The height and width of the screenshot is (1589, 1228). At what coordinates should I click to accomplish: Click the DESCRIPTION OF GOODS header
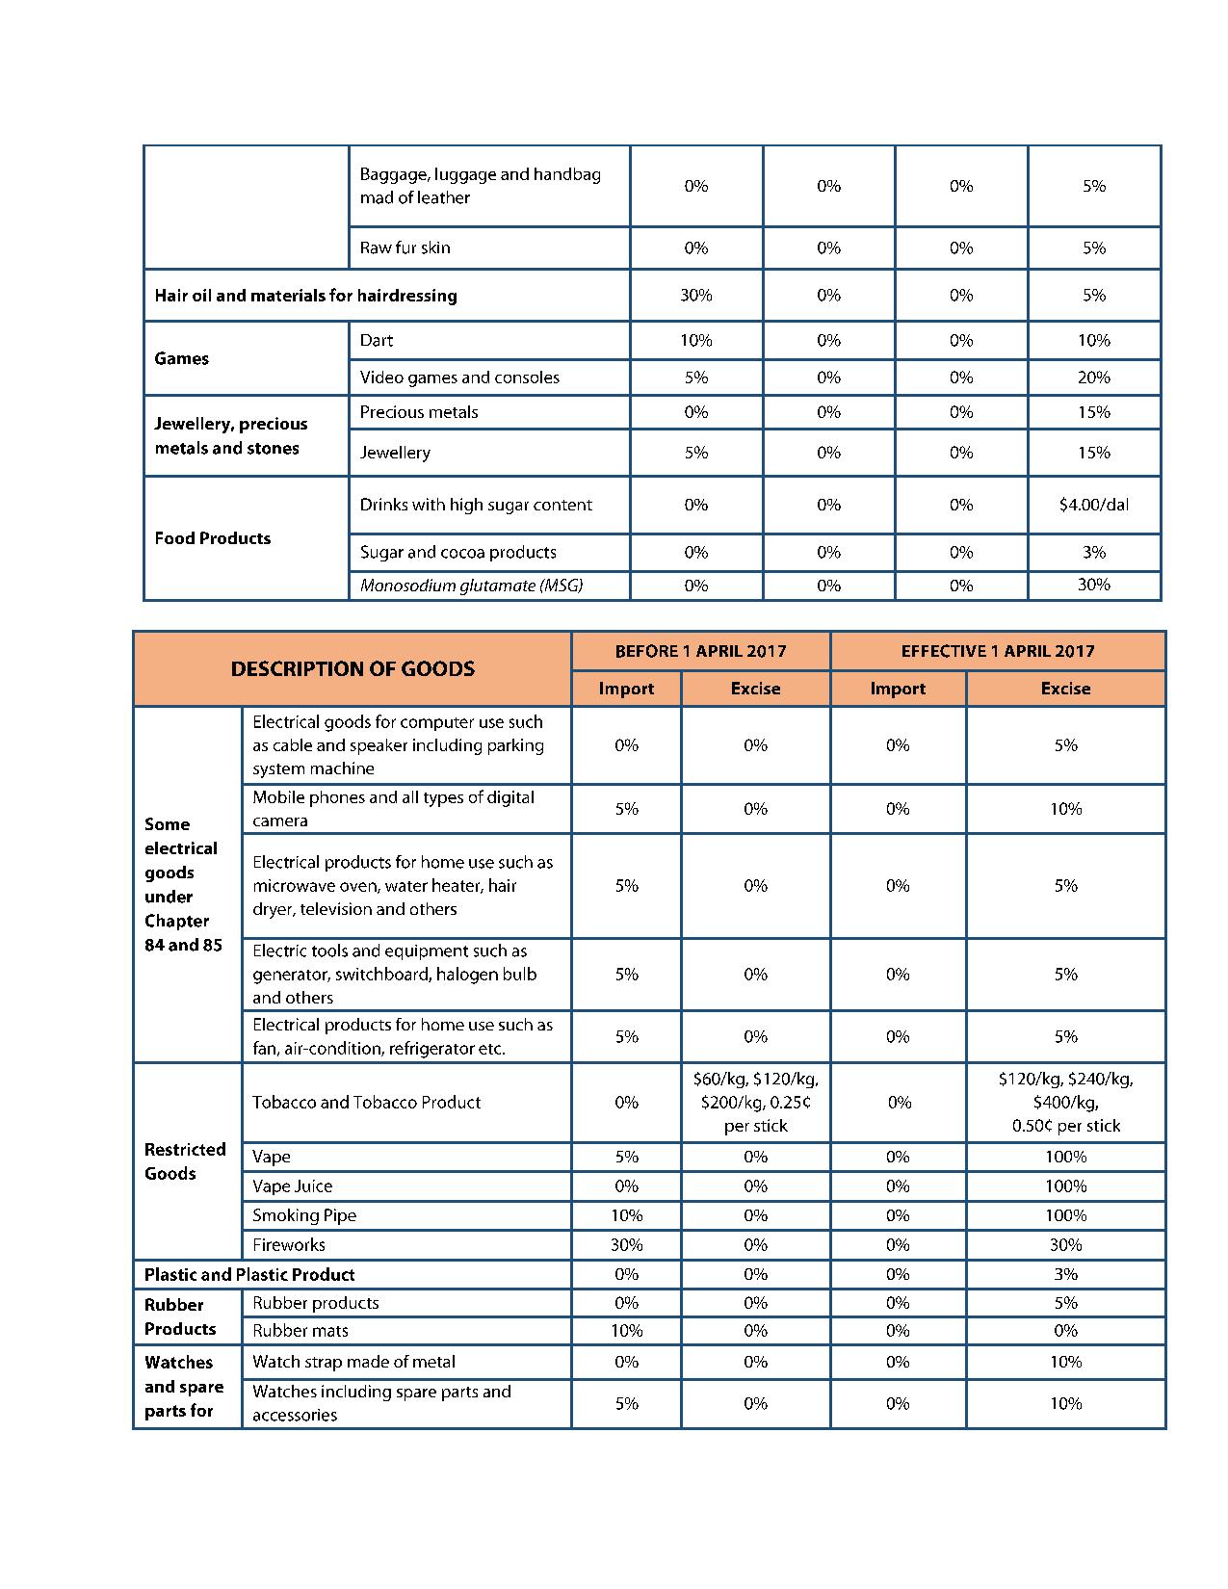pyautogui.click(x=353, y=668)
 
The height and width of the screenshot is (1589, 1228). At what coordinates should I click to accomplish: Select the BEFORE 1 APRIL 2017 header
pyautogui.click(x=700, y=651)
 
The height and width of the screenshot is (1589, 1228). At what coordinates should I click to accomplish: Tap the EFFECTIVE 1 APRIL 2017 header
pyautogui.click(x=998, y=651)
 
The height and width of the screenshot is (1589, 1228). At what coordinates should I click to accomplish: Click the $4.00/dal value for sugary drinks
pyautogui.click(x=1093, y=505)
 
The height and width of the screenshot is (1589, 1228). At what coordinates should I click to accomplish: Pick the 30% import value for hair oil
pyautogui.click(x=695, y=296)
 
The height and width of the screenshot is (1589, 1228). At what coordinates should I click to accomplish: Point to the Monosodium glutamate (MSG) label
pyautogui.click(x=471, y=586)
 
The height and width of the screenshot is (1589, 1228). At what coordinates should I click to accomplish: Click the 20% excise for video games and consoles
pyautogui.click(x=1093, y=378)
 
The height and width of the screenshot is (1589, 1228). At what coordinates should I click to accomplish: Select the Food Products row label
pyautogui.click(x=213, y=538)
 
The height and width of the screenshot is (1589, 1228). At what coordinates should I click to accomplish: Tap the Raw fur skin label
pyautogui.click(x=405, y=247)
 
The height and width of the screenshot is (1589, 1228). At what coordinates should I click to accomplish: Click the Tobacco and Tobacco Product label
pyautogui.click(x=366, y=1103)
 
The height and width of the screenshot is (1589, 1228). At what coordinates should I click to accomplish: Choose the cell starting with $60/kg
pyautogui.click(x=755, y=1103)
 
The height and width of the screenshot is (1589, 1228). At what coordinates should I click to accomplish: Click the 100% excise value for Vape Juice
pyautogui.click(x=1065, y=1186)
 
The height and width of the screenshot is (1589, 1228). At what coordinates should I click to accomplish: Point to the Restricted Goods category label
pyautogui.click(x=185, y=1161)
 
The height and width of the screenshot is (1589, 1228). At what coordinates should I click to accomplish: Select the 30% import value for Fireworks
pyautogui.click(x=626, y=1245)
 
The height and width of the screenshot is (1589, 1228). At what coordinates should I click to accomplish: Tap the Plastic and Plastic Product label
pyautogui.click(x=249, y=1275)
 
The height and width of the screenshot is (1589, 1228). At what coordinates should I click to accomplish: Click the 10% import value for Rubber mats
pyautogui.click(x=626, y=1331)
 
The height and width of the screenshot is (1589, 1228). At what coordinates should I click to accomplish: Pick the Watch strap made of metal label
pyautogui.click(x=353, y=1362)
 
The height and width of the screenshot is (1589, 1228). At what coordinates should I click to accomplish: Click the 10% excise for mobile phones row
pyautogui.click(x=1065, y=809)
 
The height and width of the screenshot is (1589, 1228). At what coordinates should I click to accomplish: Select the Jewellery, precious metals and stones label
pyautogui.click(x=231, y=436)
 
